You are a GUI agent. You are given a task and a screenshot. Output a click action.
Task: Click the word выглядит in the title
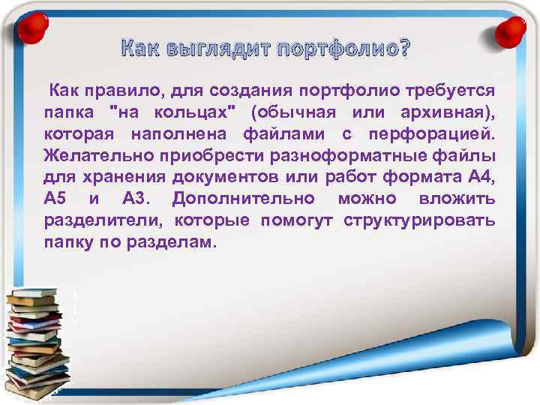210,51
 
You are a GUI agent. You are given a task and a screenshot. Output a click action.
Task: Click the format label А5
56,200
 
